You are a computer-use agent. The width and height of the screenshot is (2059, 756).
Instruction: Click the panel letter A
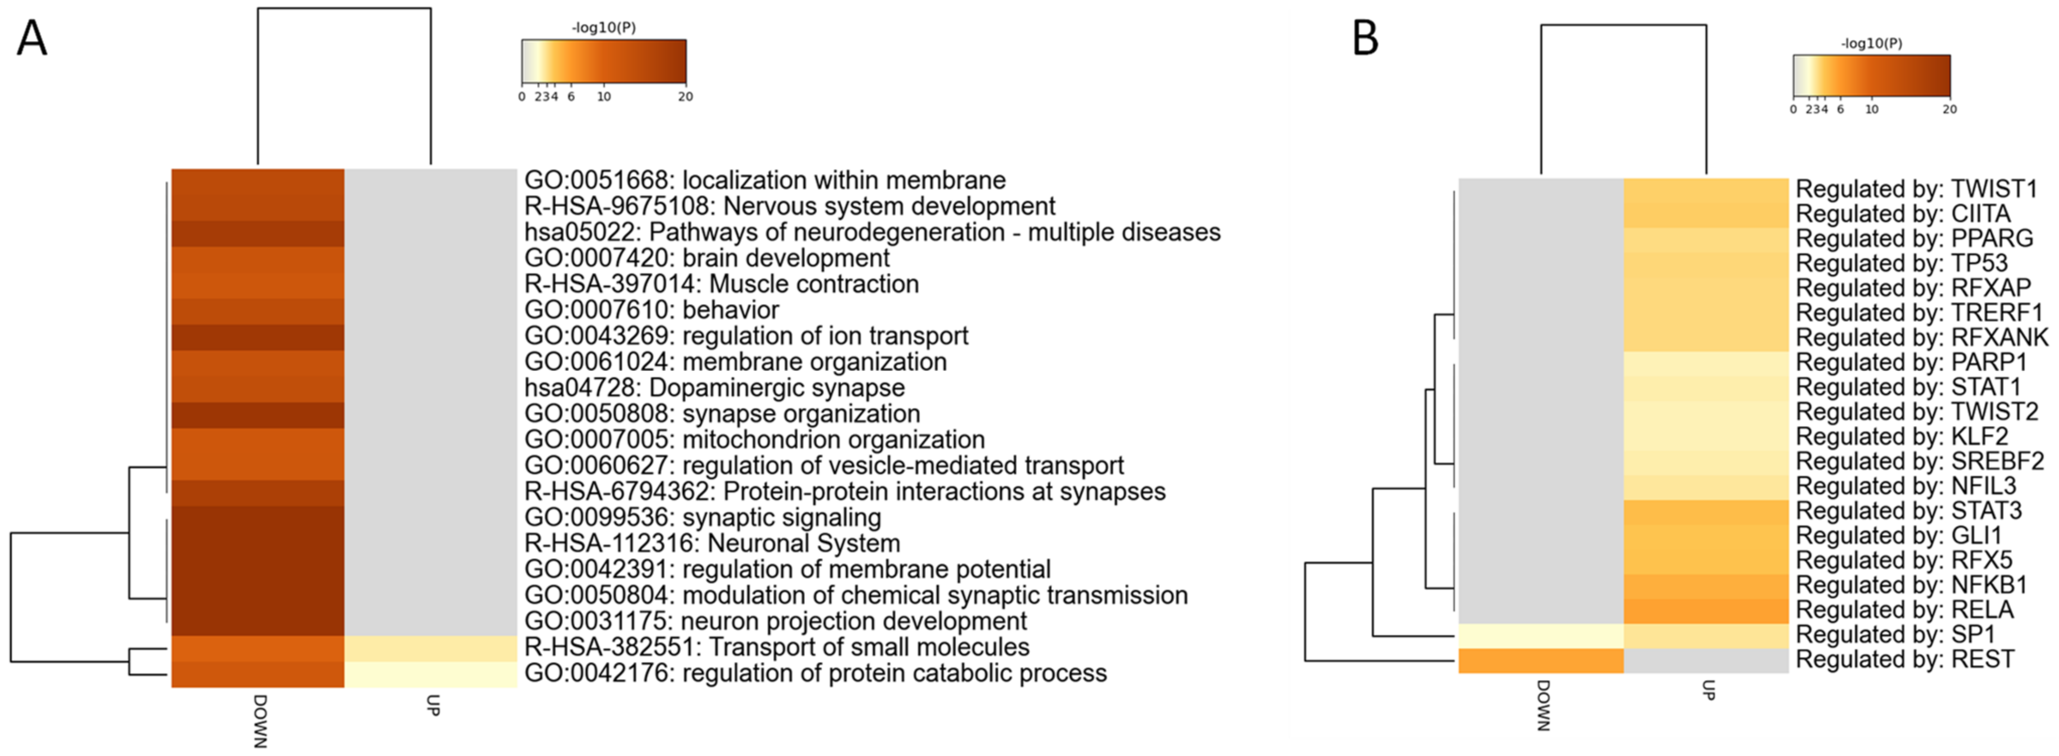(x=32, y=38)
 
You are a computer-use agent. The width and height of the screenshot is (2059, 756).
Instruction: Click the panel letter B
(x=1365, y=38)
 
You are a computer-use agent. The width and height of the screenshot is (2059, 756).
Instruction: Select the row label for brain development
(x=706, y=258)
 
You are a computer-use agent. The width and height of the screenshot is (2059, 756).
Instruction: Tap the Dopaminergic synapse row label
(x=714, y=388)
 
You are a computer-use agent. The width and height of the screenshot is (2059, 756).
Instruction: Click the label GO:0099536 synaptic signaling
(x=703, y=518)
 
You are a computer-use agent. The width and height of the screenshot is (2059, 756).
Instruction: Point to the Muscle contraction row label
(x=721, y=284)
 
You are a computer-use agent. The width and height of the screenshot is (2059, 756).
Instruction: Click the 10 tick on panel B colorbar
(x=1871, y=109)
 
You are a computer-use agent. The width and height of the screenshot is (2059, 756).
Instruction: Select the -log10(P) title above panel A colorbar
(x=603, y=28)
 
